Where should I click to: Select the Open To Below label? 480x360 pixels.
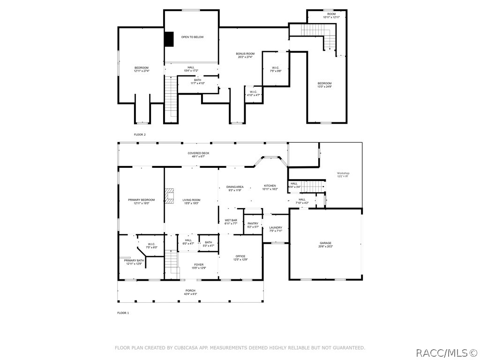click(192, 37)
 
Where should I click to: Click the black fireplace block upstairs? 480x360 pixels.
click(169, 39)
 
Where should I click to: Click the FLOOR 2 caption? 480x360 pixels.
click(140, 135)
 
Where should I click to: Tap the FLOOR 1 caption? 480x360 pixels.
click(122, 313)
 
